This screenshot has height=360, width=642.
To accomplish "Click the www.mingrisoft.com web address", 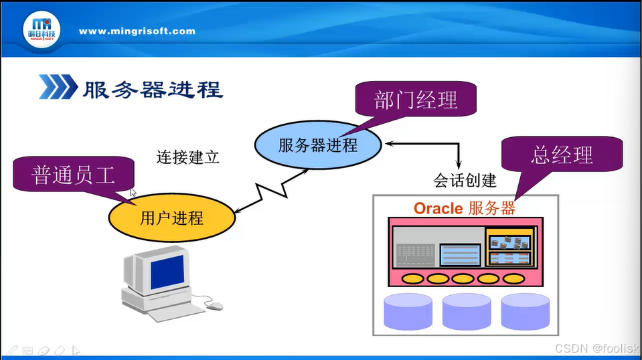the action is (137, 31).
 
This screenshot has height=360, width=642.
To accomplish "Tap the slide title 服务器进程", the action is (152, 89).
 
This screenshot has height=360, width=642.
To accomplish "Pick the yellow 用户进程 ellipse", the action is (171, 217).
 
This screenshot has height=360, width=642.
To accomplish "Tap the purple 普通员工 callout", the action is (74, 175).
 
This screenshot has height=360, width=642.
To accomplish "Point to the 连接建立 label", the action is (188, 157).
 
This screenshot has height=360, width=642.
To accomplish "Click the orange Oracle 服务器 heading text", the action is (465, 208).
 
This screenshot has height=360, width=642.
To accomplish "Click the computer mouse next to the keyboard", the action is (215, 306).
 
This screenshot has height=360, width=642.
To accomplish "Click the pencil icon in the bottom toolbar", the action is (11, 350).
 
